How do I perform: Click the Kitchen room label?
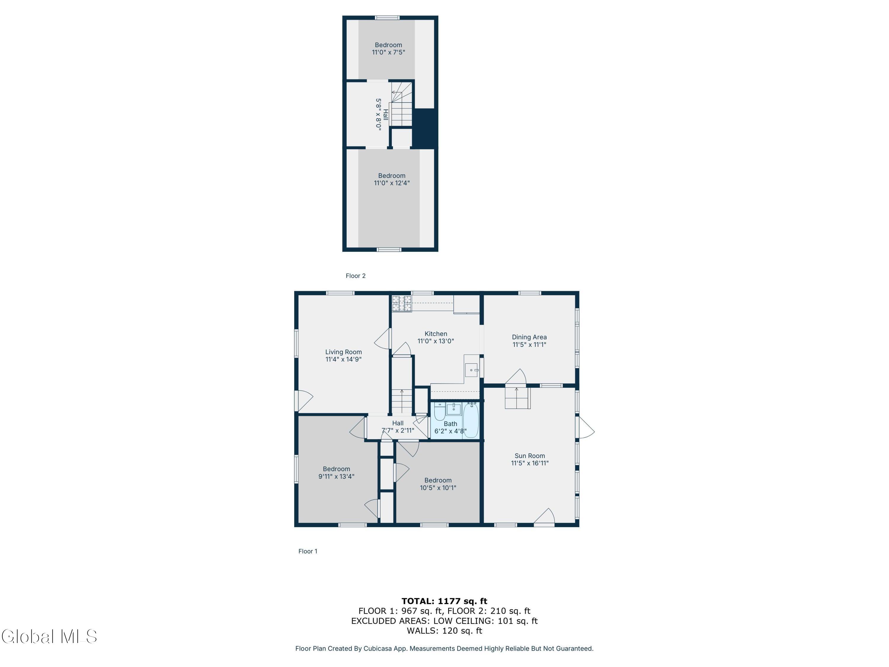point(436,334)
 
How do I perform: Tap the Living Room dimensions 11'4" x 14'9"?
point(344,359)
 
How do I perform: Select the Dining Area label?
point(529,337)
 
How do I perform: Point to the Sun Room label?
point(530,456)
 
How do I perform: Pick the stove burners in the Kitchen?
point(402,304)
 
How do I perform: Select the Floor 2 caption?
point(356,276)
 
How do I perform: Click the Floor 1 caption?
point(308,551)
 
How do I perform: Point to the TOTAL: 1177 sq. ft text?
point(444,601)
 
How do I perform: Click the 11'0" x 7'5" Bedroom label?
point(388,49)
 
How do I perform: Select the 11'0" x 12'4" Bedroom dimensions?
point(392,183)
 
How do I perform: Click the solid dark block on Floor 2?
point(424,128)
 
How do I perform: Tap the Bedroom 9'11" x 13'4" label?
point(336,473)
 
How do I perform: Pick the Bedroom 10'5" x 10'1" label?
point(438,484)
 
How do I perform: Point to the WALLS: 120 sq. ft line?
point(444,631)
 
